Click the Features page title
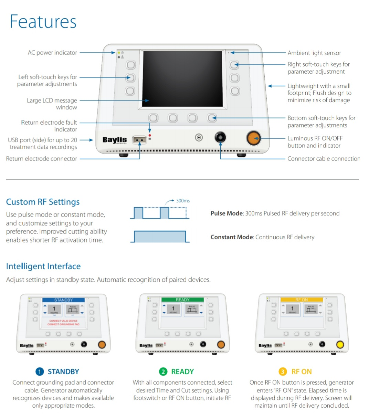point(43,21)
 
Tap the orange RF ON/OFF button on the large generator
point(253,138)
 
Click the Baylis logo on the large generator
point(115,140)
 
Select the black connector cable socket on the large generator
point(220,137)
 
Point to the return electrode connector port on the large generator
point(139,140)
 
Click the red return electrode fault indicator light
point(150,135)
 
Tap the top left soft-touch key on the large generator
point(130,65)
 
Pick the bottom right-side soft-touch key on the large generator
point(234,91)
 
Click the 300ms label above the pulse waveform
point(183,201)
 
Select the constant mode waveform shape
point(160,237)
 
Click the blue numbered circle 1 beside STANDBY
point(40,372)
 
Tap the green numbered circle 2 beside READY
point(163,372)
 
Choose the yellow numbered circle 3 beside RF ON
point(283,372)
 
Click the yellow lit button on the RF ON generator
point(340,344)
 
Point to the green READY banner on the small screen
point(182,300)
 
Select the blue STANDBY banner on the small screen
point(63,300)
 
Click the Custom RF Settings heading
point(43,202)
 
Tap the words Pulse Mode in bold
point(226,213)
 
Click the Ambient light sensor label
point(314,53)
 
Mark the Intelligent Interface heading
point(43,266)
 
